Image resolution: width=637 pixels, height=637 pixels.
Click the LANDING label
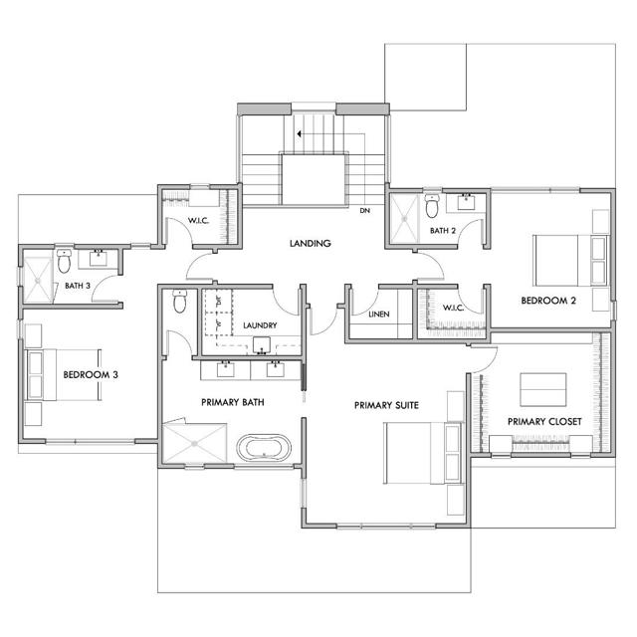310,244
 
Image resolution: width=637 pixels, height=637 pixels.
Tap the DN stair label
365,210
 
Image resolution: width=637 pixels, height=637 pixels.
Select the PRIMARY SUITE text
386,405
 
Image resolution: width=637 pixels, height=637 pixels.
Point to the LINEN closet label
377,316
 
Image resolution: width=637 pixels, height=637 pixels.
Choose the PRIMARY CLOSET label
544,421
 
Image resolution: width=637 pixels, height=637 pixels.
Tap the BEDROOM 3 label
91,375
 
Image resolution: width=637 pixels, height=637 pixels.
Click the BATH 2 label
444,231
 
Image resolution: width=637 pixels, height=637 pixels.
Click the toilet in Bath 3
64,264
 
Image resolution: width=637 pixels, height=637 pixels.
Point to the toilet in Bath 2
432,206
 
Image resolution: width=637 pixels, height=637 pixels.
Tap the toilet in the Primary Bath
179,302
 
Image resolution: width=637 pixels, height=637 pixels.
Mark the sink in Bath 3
100,259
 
